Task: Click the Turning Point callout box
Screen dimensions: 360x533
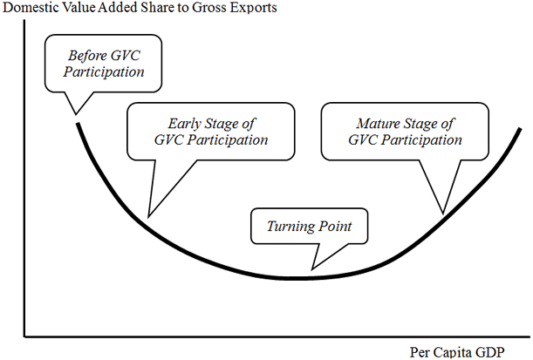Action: [309, 227]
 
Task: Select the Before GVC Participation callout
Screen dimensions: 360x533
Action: [104, 63]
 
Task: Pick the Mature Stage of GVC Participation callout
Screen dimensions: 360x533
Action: [405, 131]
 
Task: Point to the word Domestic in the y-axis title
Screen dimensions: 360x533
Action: [31, 9]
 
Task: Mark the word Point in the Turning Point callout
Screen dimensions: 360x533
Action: [335, 227]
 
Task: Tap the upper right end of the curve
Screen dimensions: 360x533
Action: [522, 130]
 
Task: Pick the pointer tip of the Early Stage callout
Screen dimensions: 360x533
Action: [147, 217]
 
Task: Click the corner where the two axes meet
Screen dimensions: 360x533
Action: [25, 336]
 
